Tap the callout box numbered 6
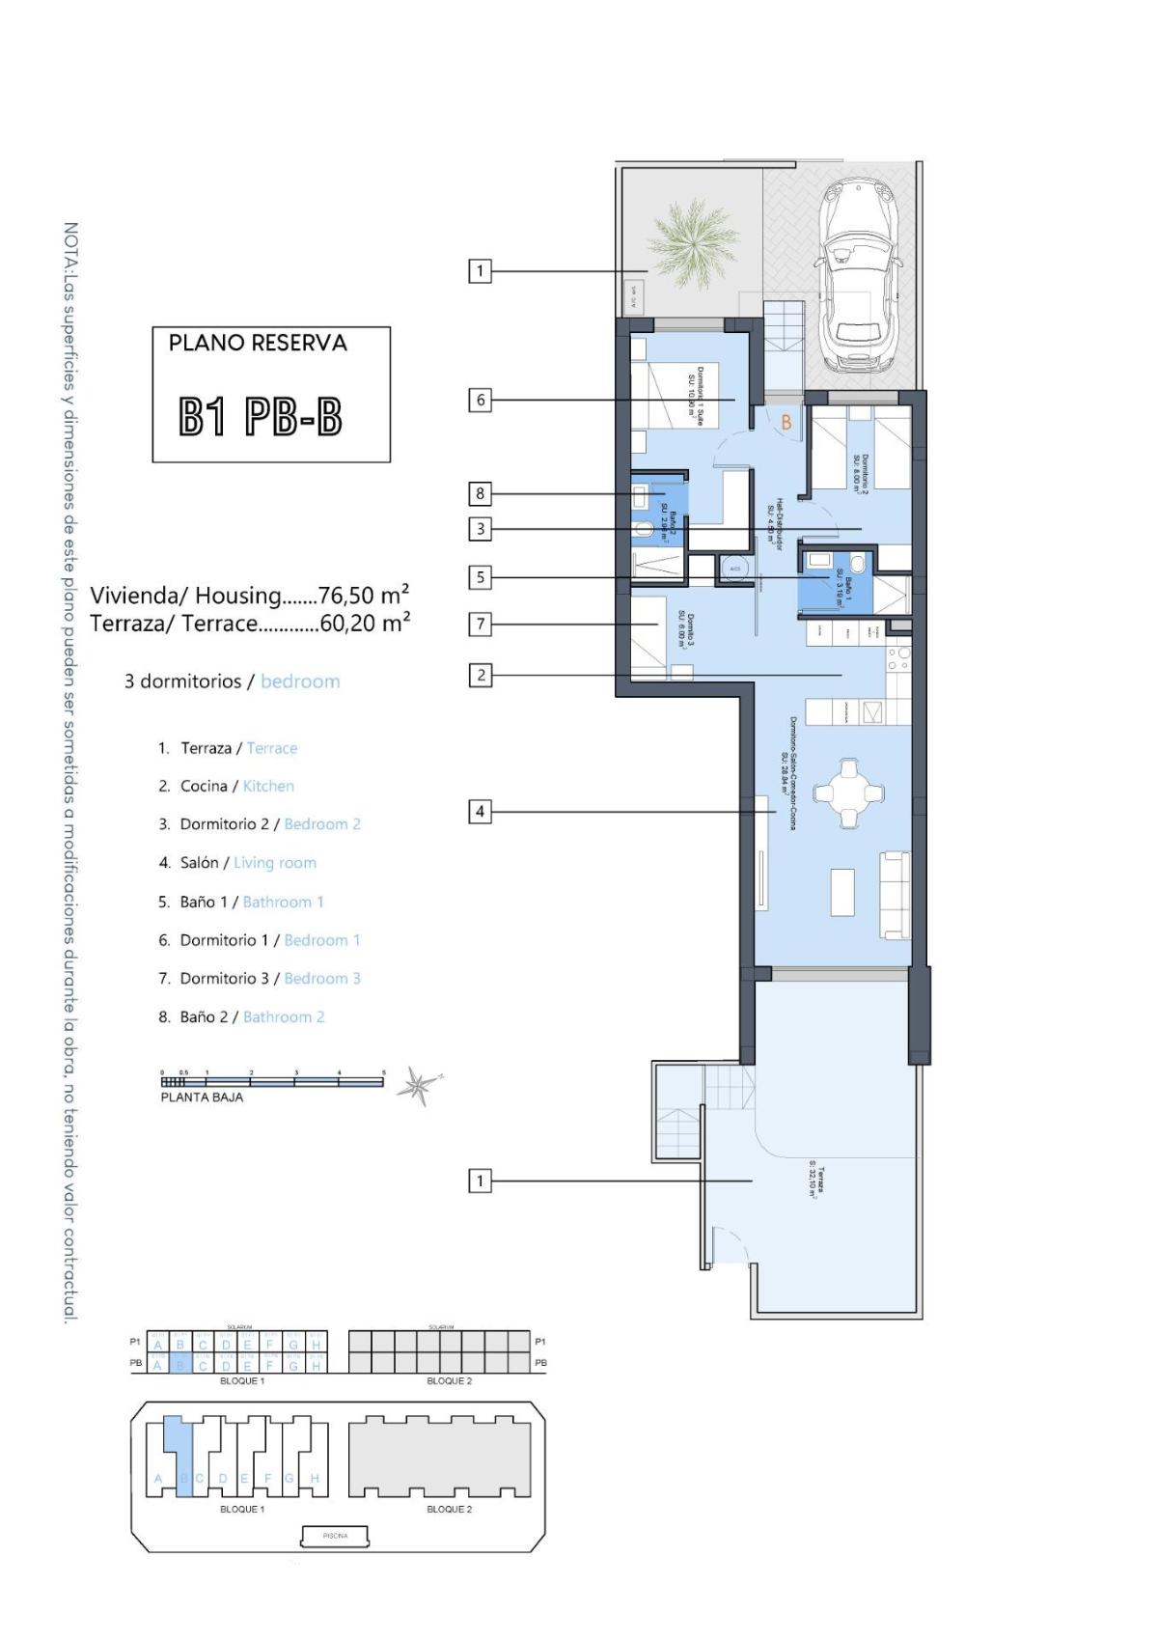coord(480,400)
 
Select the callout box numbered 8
coord(480,494)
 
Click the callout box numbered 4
coord(480,812)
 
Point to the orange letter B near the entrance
coord(786,422)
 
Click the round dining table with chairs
coord(849,793)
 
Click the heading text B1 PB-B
coord(262,417)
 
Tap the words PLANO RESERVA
coord(258,343)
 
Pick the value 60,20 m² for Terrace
coord(365,623)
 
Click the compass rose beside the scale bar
coord(418,1085)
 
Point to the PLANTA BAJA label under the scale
coord(202,1098)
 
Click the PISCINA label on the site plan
coord(335,1535)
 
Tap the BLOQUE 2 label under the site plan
coord(449,1509)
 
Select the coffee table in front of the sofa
coord(842,893)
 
